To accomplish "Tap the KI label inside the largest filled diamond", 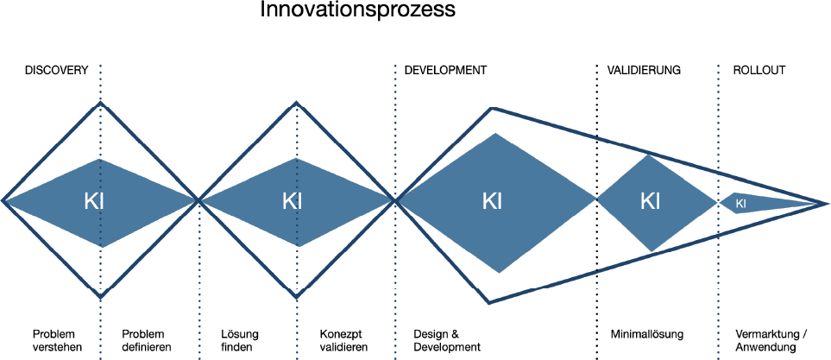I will point(492,202).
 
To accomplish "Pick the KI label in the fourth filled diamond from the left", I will point(650,202).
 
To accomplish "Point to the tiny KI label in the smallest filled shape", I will point(740,204).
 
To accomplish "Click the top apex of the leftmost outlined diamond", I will point(101,104).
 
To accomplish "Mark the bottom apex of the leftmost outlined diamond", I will point(101,297).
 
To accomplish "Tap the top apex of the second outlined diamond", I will point(297,104).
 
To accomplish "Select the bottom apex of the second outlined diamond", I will point(297,297).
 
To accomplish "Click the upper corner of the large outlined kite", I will point(491,109).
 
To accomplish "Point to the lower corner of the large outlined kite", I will point(489,301).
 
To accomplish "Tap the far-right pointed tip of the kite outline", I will point(827,204).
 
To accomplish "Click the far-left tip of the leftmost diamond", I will point(3,201).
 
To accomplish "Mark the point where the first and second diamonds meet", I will point(199,201).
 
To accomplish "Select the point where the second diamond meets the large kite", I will point(396,201).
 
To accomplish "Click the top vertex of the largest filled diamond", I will point(496,134).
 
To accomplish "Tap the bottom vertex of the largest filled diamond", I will point(499,272).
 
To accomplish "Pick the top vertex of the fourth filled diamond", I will point(649,155).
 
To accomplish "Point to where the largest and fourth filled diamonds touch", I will point(597,199).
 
